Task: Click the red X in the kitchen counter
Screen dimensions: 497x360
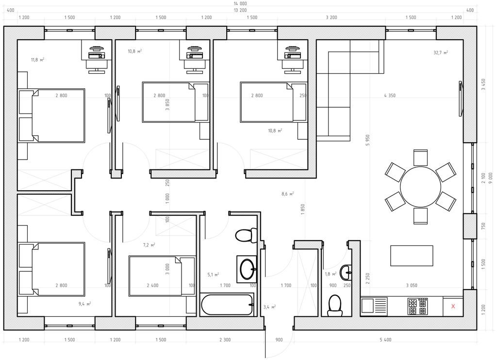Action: click(453, 306)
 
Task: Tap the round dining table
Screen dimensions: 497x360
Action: click(420, 187)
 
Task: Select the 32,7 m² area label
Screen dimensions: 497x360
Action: click(441, 52)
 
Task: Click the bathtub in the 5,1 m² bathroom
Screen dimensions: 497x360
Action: click(227, 305)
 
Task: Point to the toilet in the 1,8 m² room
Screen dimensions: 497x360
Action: click(335, 306)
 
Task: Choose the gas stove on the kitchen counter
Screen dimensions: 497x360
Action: click(417, 307)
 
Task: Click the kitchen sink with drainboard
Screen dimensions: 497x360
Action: click(374, 306)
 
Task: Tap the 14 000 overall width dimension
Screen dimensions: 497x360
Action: click(240, 3)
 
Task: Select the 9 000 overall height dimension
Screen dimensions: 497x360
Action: click(491, 178)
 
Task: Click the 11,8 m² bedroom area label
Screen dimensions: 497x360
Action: click(37, 60)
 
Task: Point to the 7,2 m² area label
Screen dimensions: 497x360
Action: click(149, 245)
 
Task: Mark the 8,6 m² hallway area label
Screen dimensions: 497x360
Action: click(287, 194)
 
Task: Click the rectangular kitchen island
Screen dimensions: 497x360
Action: click(412, 256)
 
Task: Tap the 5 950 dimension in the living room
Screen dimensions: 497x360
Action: click(368, 140)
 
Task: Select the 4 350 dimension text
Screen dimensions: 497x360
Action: click(390, 96)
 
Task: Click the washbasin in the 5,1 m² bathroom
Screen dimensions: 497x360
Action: click(247, 269)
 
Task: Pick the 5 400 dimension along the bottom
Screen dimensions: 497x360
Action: click(385, 340)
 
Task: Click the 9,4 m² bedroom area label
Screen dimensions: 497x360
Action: click(84, 304)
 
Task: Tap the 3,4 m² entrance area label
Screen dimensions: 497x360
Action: click(269, 307)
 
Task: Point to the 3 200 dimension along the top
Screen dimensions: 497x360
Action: click(331, 17)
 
